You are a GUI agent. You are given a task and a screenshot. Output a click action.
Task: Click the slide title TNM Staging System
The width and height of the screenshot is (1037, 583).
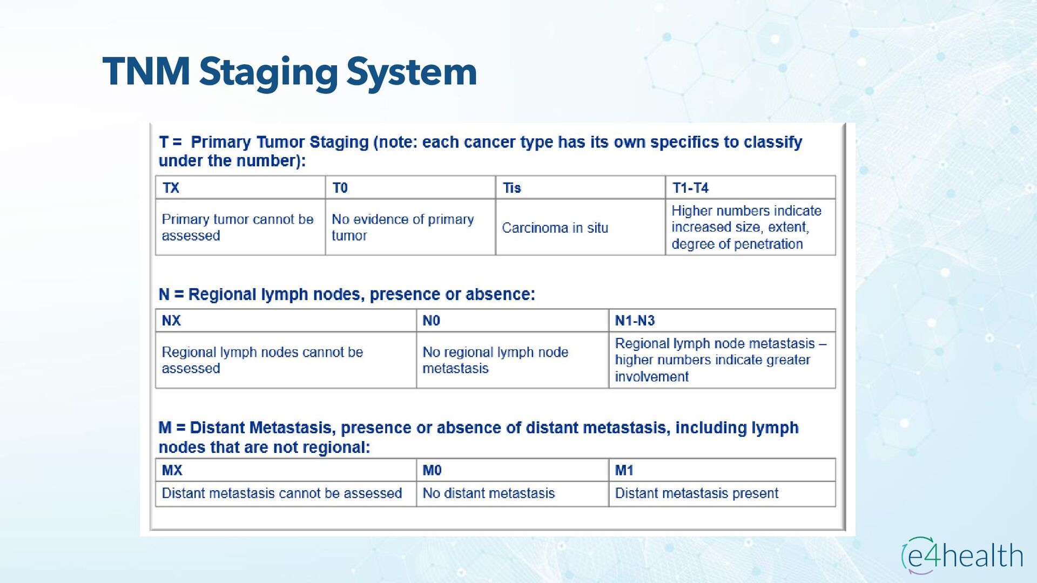pyautogui.click(x=289, y=72)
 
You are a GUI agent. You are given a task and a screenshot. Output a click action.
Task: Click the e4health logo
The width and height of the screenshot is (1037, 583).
pyautogui.click(x=962, y=555)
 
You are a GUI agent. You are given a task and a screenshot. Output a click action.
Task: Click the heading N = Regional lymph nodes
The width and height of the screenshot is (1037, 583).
pyautogui.click(x=346, y=295)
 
